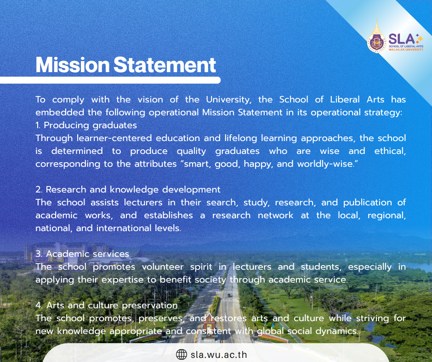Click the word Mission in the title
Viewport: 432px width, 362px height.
pyautogui.click(x=73, y=65)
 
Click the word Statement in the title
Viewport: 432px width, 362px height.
pyautogui.click(x=165, y=65)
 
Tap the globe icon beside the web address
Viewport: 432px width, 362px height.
pyautogui.click(x=181, y=354)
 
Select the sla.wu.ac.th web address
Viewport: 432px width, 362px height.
pyautogui.click(x=219, y=355)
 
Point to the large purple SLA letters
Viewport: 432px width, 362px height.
pyautogui.click(x=401, y=39)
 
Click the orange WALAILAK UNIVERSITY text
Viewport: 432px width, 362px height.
pyautogui.click(x=406, y=50)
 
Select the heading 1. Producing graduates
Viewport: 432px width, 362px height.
pyautogui.click(x=86, y=125)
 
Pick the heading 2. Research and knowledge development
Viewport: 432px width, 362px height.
pyautogui.click(x=128, y=190)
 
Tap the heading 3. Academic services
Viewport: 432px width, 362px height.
pyautogui.click(x=82, y=254)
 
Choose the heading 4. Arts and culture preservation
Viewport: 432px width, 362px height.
pyautogui.click(x=107, y=305)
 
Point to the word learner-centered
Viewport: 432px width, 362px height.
pyautogui.click(x=114, y=138)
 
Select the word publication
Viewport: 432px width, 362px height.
pyautogui.click(x=368, y=203)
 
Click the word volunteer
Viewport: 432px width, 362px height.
pyautogui.click(x=163, y=267)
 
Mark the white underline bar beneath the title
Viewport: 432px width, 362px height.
pyautogui.click(x=110, y=80)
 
